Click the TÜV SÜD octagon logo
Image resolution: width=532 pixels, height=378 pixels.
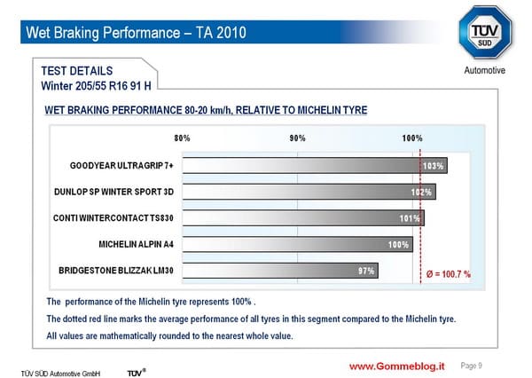tap(485, 33)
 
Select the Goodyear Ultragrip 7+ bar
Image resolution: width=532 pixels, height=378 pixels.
tap(315, 165)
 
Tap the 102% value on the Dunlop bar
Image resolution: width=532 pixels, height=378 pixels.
tap(421, 193)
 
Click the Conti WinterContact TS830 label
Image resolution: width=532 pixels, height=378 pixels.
tap(113, 217)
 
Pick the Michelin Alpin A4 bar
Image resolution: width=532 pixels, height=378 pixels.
tap(298, 244)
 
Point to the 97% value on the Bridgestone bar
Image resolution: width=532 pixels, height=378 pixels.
tap(366, 271)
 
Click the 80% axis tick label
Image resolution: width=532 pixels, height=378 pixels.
tap(182, 138)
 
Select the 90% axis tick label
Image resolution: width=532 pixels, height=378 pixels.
tap(298, 138)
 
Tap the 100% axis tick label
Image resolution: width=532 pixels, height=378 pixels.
tap(412, 138)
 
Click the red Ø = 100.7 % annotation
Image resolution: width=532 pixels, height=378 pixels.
tap(448, 274)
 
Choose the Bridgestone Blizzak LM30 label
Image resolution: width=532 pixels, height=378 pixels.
tap(116, 271)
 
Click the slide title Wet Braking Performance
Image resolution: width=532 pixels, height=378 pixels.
tap(136, 33)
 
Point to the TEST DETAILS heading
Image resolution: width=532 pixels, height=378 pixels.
tap(77, 71)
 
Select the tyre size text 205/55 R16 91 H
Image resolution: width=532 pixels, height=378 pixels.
tap(113, 86)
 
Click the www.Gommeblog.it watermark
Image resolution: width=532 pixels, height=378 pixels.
tap(397, 366)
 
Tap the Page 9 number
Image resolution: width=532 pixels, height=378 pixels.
tap(472, 366)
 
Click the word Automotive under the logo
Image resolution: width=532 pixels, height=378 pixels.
tap(484, 70)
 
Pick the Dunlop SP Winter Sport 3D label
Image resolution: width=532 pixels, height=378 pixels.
tap(114, 192)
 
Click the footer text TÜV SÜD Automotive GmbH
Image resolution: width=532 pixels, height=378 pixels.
tap(60, 374)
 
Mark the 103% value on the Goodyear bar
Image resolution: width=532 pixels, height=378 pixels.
tap(433, 166)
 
